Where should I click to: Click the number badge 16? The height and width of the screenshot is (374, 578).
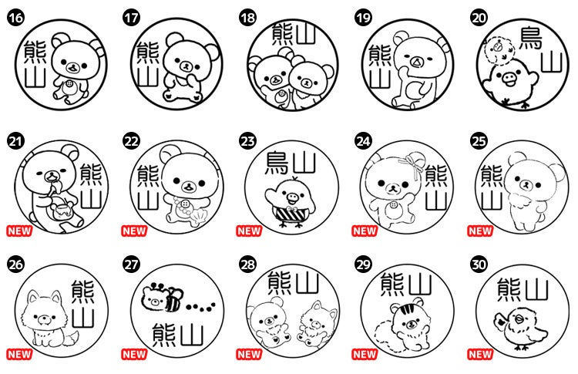(15, 18)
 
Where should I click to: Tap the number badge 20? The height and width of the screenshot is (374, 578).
(479, 18)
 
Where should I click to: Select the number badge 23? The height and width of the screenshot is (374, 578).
(247, 141)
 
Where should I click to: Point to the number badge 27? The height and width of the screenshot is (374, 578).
(132, 264)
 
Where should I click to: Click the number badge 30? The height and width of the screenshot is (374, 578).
(479, 264)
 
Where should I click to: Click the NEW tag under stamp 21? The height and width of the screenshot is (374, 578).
(19, 231)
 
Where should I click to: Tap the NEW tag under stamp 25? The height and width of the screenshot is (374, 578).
(480, 231)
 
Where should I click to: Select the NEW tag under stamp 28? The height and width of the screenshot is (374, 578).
(249, 354)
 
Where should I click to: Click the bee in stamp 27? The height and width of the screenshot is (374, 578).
(173, 298)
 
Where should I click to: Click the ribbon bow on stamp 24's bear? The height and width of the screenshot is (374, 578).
(413, 164)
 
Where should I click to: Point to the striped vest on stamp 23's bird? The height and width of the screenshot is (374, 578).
(291, 214)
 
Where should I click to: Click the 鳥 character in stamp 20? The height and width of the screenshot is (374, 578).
(530, 38)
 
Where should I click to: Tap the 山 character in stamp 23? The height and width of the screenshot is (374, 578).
(304, 163)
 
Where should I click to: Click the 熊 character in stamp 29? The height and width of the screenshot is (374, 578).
(391, 285)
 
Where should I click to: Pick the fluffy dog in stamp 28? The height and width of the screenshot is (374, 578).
(317, 323)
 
